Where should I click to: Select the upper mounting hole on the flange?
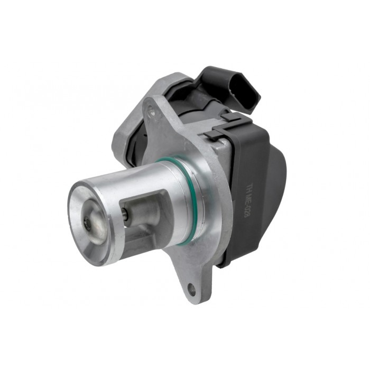(152, 112)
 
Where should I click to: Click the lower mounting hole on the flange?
(191, 289)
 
